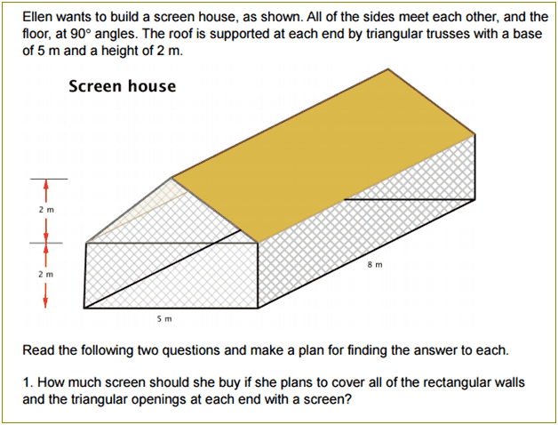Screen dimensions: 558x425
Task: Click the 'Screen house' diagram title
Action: pos(122,86)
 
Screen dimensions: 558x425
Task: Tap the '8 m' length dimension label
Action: pos(375,265)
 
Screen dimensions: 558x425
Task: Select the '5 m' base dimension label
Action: pos(164,319)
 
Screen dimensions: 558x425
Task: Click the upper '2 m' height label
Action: pos(46,210)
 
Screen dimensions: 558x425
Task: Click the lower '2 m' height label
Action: pos(46,275)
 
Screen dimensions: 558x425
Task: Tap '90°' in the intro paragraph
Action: pos(81,34)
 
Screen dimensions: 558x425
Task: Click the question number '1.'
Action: pos(28,382)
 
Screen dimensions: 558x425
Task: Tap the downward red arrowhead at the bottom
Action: pos(45,302)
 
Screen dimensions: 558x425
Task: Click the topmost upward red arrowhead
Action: pos(45,185)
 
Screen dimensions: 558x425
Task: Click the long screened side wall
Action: pos(367,221)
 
